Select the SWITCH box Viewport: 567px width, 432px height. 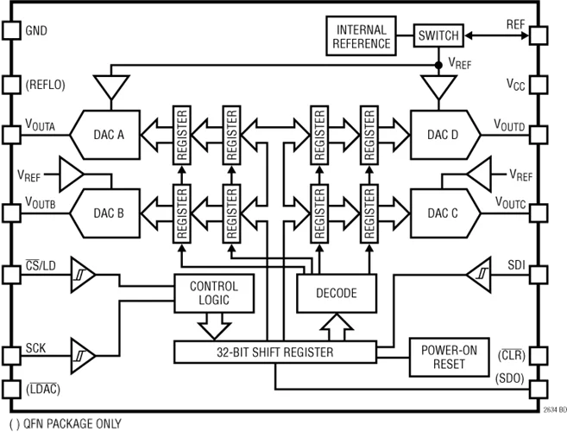438,36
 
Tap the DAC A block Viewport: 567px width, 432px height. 110,135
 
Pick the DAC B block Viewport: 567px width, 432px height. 110,213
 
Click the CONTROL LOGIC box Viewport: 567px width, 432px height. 213,294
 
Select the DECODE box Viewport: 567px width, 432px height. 337,294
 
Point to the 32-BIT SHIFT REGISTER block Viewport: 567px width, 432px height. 275,353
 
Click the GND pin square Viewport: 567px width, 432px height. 11,31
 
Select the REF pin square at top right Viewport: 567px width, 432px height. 538,36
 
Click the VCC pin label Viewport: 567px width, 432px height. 515,85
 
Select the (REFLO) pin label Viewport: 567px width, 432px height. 46,85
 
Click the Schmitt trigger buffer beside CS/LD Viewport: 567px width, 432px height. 82,275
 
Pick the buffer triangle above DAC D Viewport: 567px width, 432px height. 439,86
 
